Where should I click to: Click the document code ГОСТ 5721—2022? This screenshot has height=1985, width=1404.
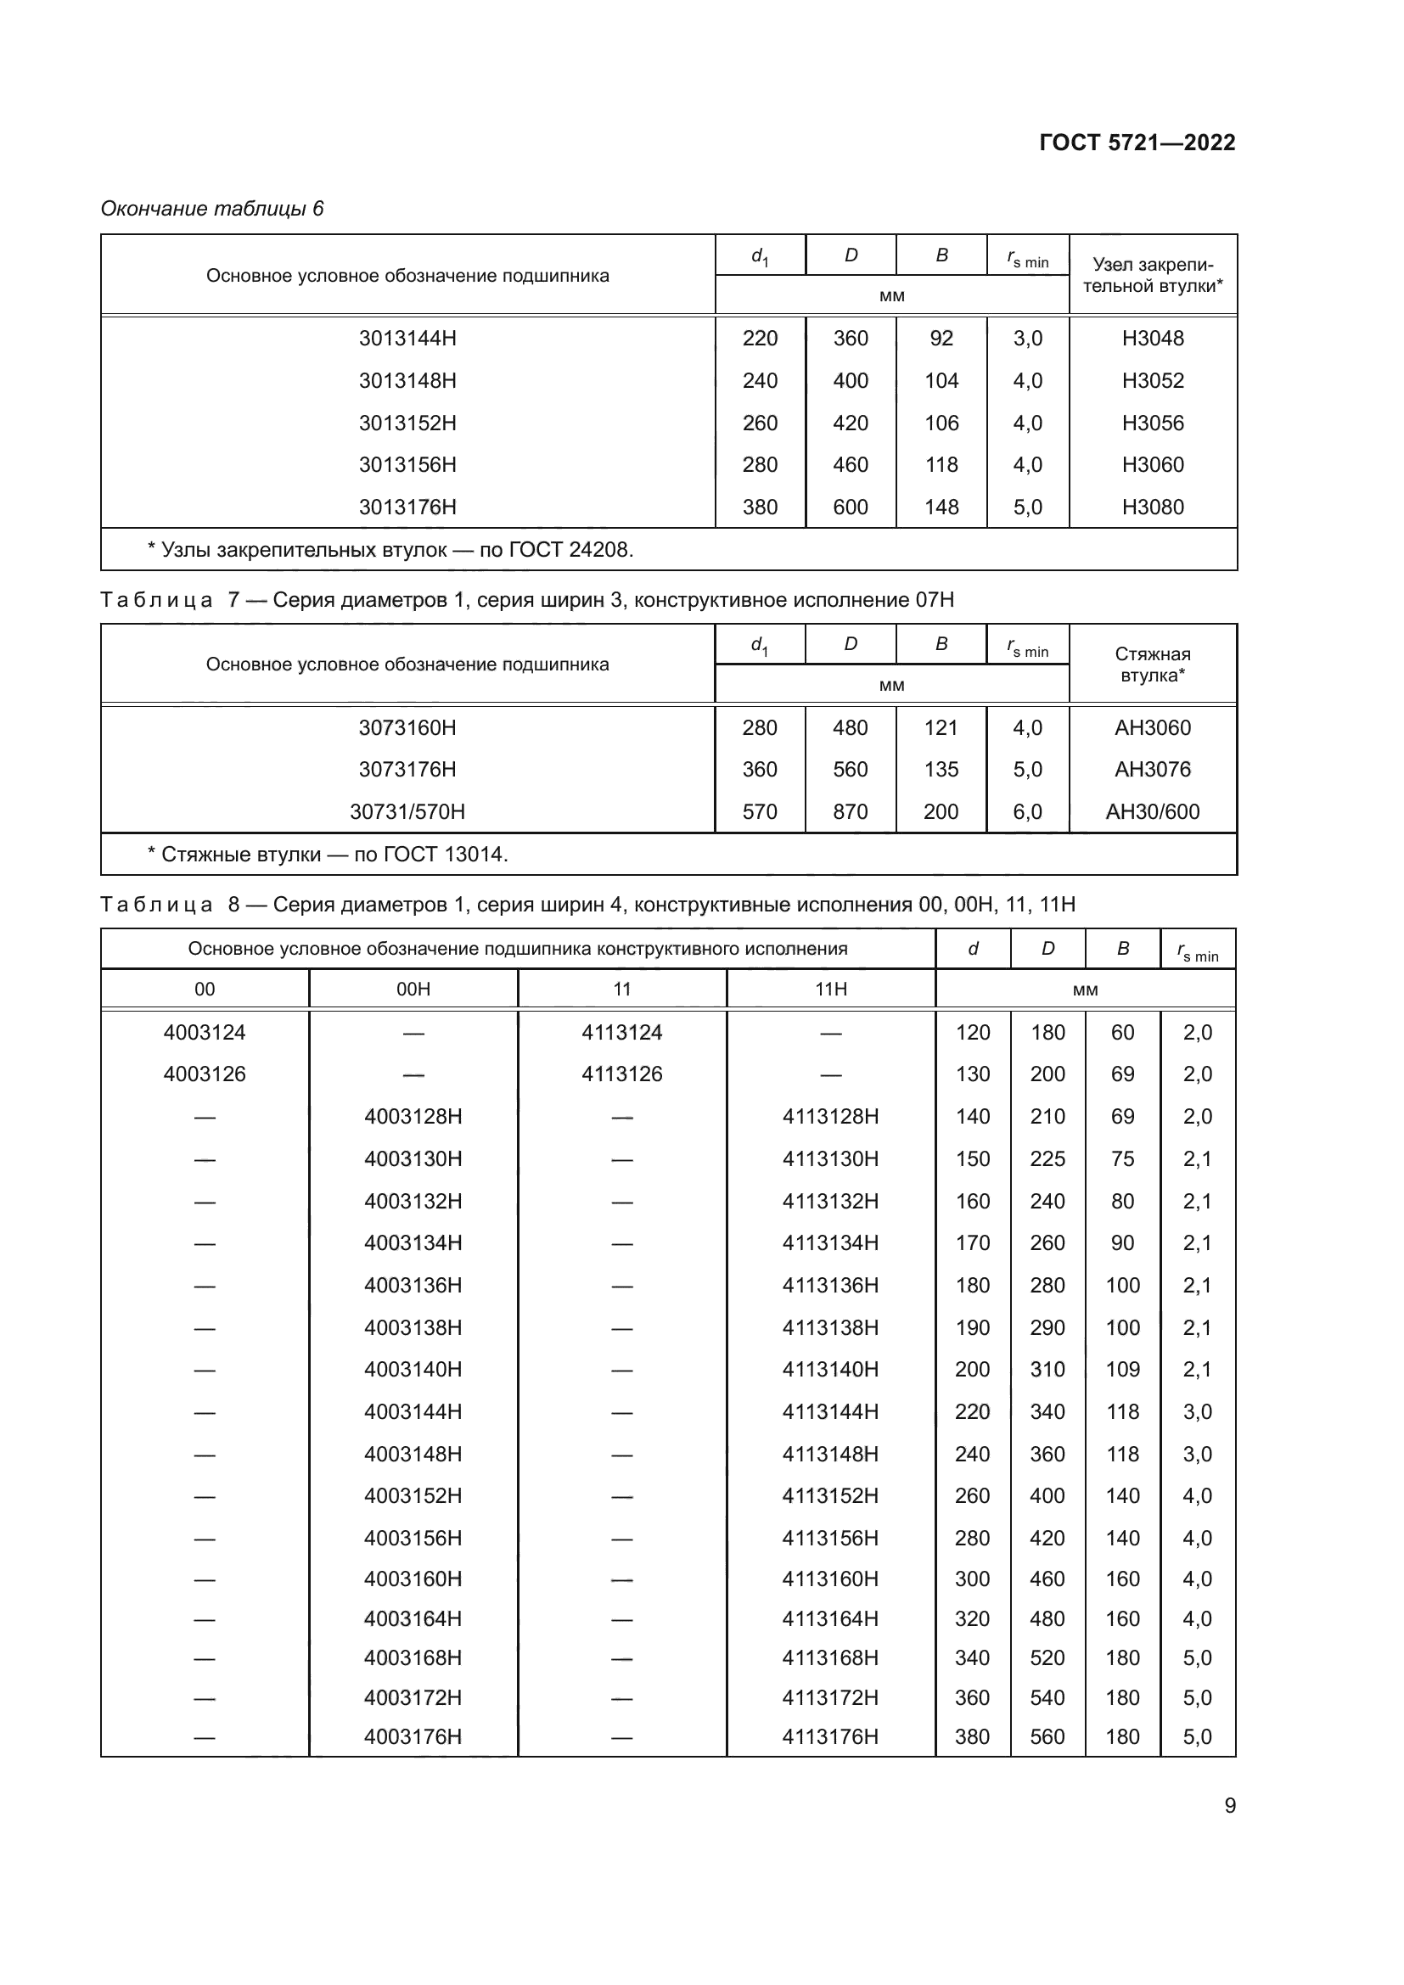1137,143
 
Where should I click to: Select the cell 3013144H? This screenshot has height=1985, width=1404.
407,338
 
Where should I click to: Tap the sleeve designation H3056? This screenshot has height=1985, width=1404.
1153,423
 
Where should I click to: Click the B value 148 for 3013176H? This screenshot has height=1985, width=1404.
941,507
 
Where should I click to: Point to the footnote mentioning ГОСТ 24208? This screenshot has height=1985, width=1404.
390,550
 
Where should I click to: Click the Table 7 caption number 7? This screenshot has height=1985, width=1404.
233,600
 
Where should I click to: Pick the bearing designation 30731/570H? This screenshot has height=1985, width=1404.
407,812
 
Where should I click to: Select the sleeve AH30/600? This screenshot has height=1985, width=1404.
1153,812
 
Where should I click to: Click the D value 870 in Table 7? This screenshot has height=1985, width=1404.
850,812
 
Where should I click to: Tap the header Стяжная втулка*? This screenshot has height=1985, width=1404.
1153,664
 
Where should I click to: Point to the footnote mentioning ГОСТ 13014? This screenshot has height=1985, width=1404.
328,855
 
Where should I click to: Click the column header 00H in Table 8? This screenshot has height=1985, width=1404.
413,989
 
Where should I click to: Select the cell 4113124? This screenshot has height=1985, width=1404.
621,1032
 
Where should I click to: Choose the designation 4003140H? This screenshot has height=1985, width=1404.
413,1370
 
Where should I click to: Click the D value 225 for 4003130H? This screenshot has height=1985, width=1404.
1047,1158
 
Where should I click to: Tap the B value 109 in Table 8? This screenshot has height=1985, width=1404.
1122,1370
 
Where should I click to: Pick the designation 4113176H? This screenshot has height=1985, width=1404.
830,1737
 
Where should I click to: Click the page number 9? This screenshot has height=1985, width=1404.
1229,1806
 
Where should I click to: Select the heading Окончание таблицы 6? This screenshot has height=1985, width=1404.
212,209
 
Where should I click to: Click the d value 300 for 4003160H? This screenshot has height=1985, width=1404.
972,1578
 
